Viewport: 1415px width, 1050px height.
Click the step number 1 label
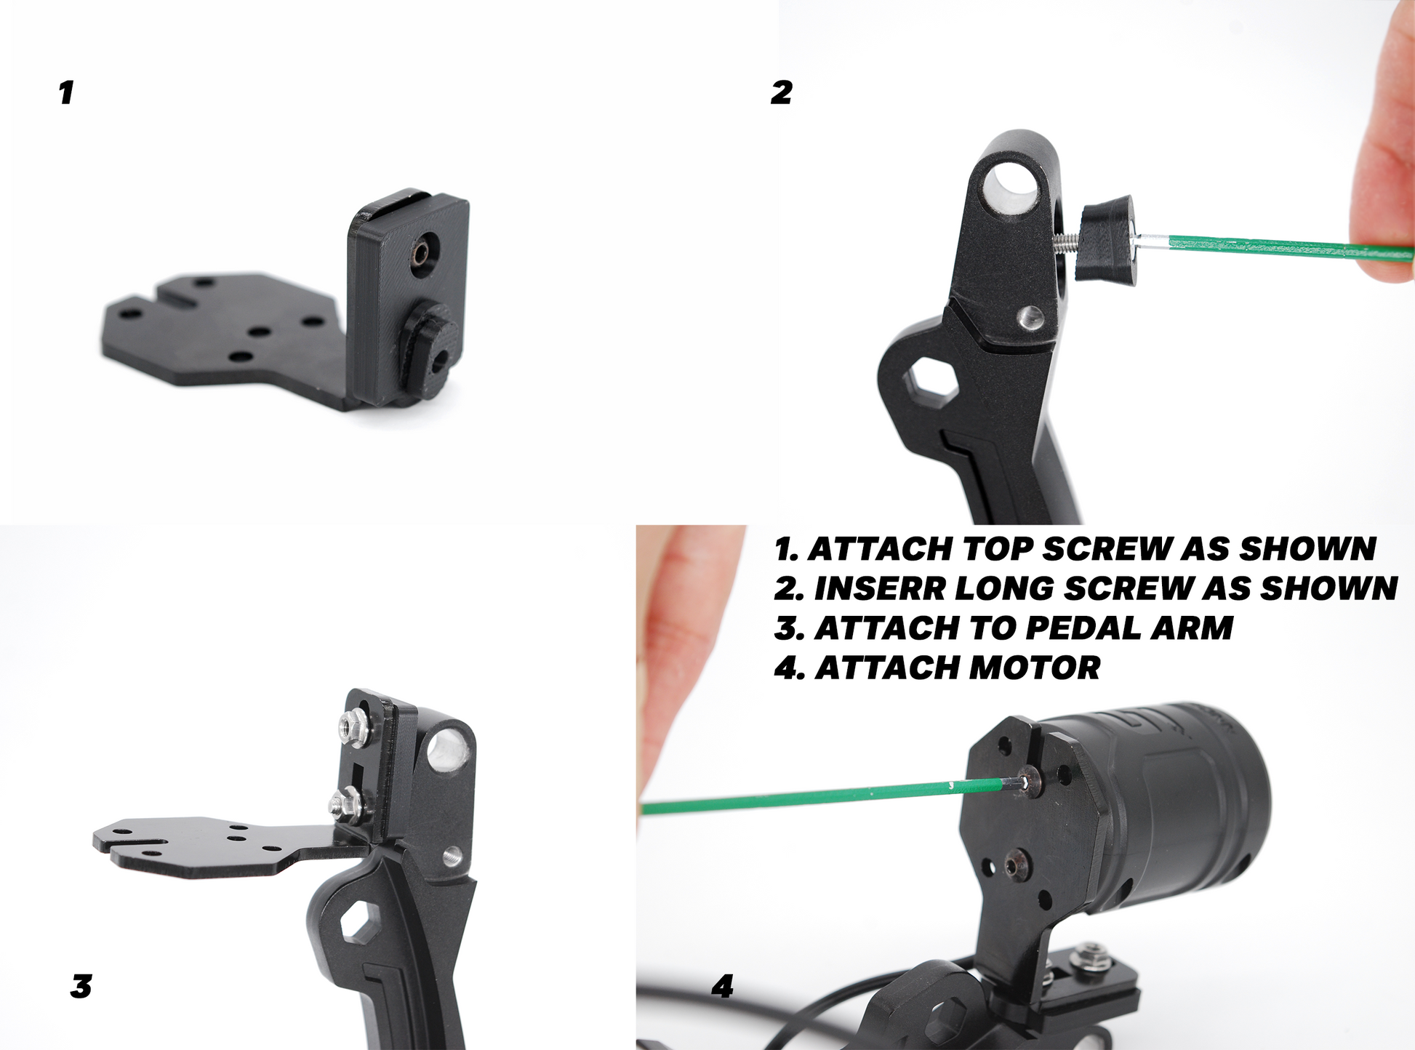point(66,93)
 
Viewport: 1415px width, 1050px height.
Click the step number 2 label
point(782,93)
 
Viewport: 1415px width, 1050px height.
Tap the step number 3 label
point(81,987)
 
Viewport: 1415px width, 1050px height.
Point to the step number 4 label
point(722,987)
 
